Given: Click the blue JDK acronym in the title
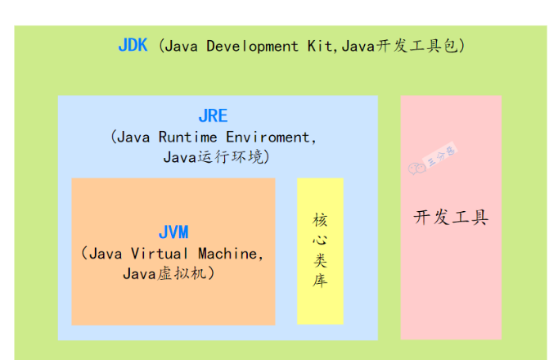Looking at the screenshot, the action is (x=133, y=46).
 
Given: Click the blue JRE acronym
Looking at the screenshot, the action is (x=214, y=116).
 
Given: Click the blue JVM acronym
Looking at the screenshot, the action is (x=174, y=232).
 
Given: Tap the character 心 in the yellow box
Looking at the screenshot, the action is (x=320, y=241).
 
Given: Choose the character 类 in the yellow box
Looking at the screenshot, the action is (x=320, y=261).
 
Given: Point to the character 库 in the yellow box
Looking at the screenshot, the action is (x=320, y=281).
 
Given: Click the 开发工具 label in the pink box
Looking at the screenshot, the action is (x=451, y=218).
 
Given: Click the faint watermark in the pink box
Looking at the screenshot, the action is (x=432, y=159).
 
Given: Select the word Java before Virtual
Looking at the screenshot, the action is (x=106, y=254).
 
